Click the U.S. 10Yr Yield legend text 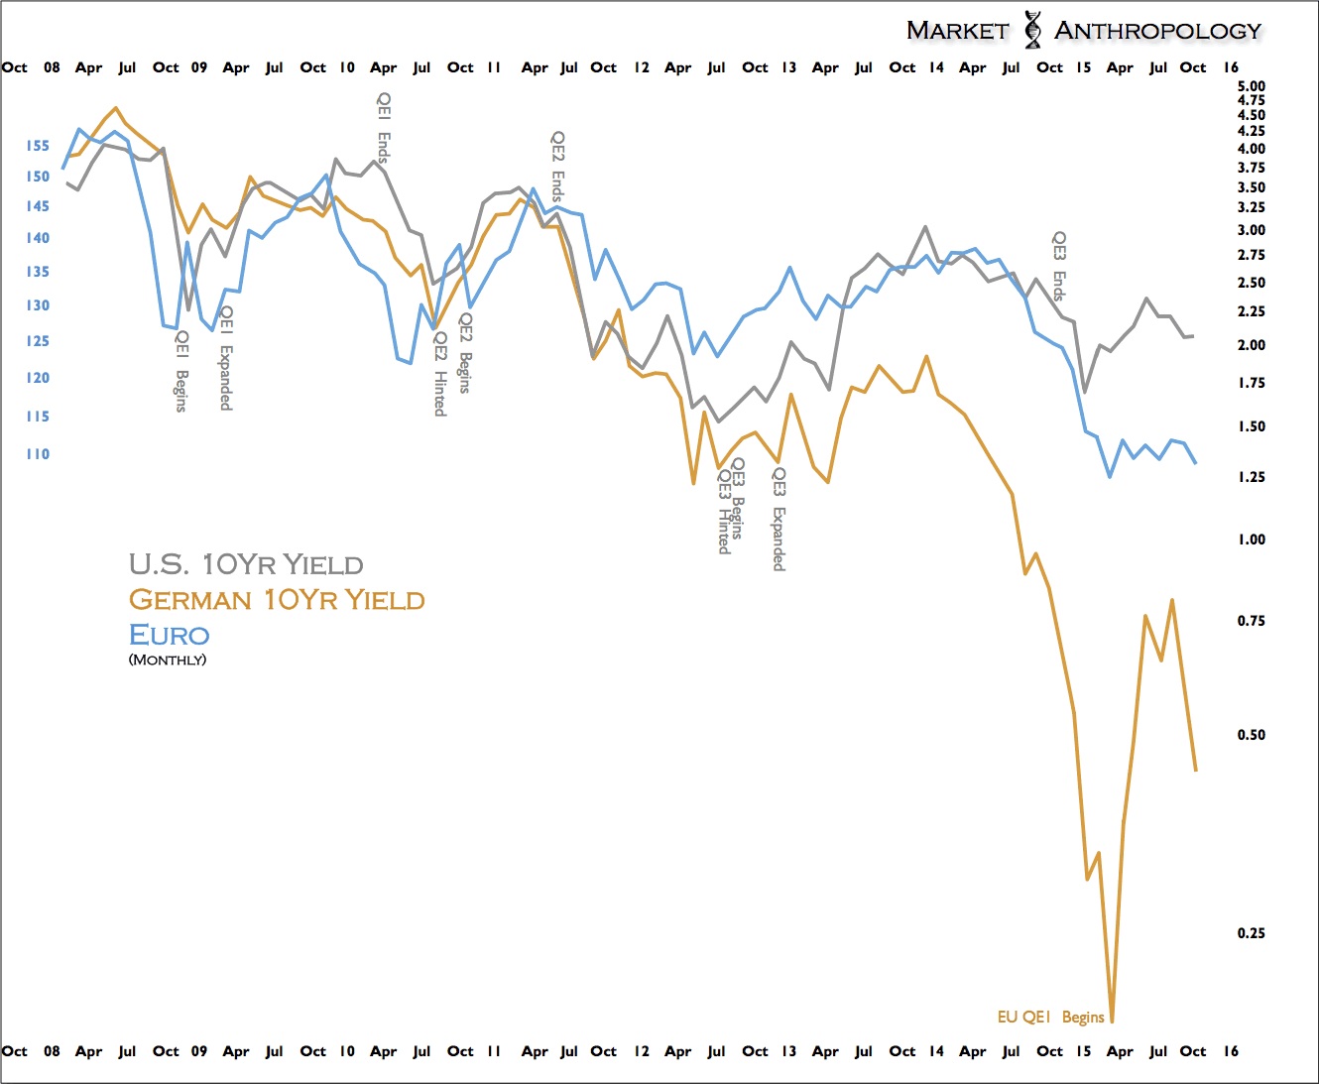pos(246,564)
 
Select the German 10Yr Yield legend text pos(277,600)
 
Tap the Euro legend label pos(170,635)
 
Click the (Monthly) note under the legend pos(168,660)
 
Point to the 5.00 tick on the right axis pos(1252,86)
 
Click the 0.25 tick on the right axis pos(1252,933)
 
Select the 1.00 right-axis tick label pos(1252,540)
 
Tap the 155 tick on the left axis pos(38,146)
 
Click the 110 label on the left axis pos(38,454)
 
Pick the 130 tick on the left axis pos(38,305)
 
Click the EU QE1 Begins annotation pos(1050,1017)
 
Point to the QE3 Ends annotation pos(1059,266)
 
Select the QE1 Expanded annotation pos(226,358)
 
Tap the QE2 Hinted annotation pos(440,374)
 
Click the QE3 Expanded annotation pos(779,520)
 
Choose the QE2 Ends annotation pos(558,167)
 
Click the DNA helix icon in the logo pos(1032,30)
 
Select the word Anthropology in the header pos(1158,31)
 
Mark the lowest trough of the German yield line pos(1112,1020)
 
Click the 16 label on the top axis pos(1231,67)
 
